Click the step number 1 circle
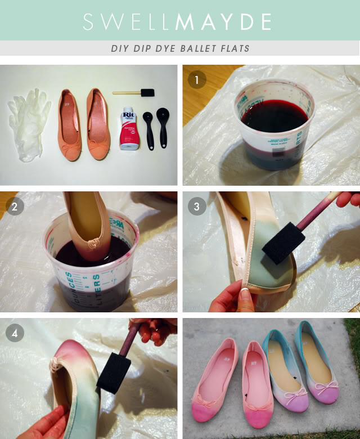point(197,80)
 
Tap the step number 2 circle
point(15,207)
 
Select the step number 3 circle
point(197,207)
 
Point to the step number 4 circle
point(15,333)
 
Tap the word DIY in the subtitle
point(120,48)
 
